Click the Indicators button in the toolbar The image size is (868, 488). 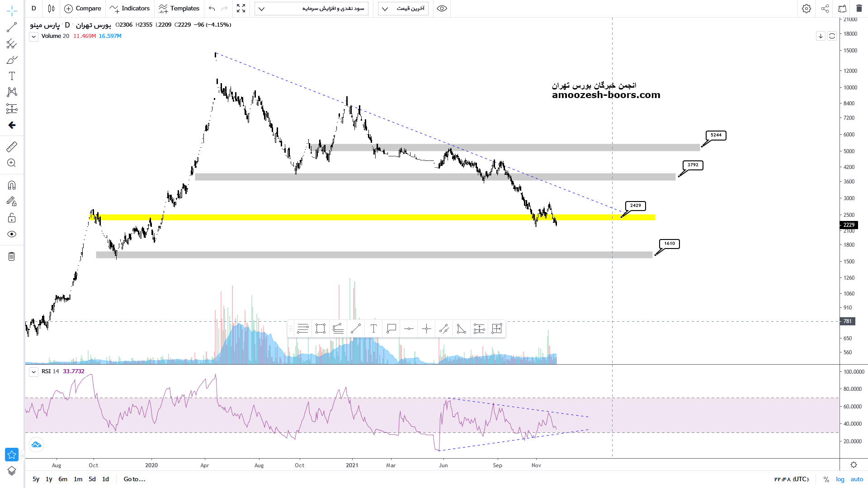[x=130, y=9]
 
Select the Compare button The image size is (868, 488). [x=83, y=9]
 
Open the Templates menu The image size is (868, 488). [x=179, y=9]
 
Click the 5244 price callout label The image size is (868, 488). [x=716, y=135]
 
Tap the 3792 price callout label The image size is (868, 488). [x=693, y=165]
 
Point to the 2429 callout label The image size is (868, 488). [x=636, y=206]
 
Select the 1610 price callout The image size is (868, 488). [x=670, y=244]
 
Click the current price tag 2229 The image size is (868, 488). [x=849, y=225]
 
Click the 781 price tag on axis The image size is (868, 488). [x=847, y=321]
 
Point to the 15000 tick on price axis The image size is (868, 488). [x=850, y=51]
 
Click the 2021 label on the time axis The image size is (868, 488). [x=352, y=465]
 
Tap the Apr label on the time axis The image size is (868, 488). [x=205, y=465]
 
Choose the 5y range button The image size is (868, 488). [x=36, y=479]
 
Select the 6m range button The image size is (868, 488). [x=63, y=479]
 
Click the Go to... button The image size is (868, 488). [x=134, y=479]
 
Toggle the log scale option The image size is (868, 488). [x=840, y=479]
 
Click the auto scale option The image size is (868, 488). [x=857, y=479]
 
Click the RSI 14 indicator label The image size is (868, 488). [x=50, y=371]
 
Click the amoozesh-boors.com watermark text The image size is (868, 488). [x=606, y=95]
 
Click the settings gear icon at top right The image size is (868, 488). [x=807, y=9]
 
